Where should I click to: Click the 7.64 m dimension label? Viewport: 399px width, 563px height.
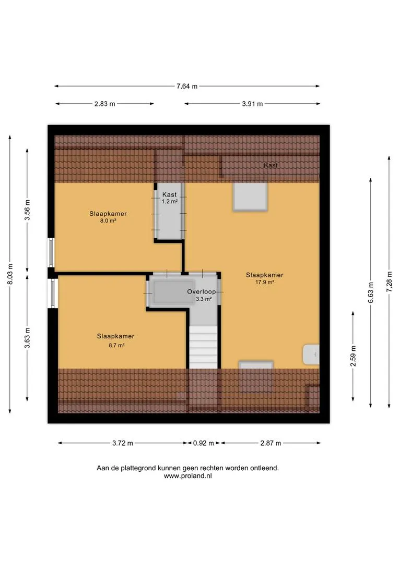point(187,86)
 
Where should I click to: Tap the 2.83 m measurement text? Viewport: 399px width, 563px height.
point(104,104)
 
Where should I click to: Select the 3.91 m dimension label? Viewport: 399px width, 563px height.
point(252,104)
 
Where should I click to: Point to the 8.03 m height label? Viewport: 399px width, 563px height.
point(10,274)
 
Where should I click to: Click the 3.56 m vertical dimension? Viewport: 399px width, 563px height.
point(27,210)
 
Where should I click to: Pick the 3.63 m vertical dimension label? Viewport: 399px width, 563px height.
point(27,338)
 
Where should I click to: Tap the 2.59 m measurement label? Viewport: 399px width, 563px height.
point(354,356)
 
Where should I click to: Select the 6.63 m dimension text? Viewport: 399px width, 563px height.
point(371,292)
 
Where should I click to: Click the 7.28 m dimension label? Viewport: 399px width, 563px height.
point(389,281)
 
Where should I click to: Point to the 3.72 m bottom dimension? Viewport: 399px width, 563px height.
point(123,443)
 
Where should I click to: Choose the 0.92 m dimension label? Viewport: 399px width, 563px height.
point(204,443)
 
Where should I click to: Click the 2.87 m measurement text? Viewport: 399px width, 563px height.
point(271,443)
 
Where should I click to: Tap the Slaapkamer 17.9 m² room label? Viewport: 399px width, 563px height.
point(264,278)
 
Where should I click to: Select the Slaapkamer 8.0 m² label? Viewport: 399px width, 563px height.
point(108,217)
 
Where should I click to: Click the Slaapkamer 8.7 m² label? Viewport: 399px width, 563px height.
point(115,340)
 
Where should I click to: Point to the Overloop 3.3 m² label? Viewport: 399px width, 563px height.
point(202,295)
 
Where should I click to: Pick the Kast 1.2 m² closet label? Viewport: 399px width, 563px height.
point(169,198)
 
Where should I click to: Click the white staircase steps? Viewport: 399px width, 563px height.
point(204,347)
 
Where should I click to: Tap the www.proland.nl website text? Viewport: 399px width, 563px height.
point(188,476)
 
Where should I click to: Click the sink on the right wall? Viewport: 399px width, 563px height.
point(311,354)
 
